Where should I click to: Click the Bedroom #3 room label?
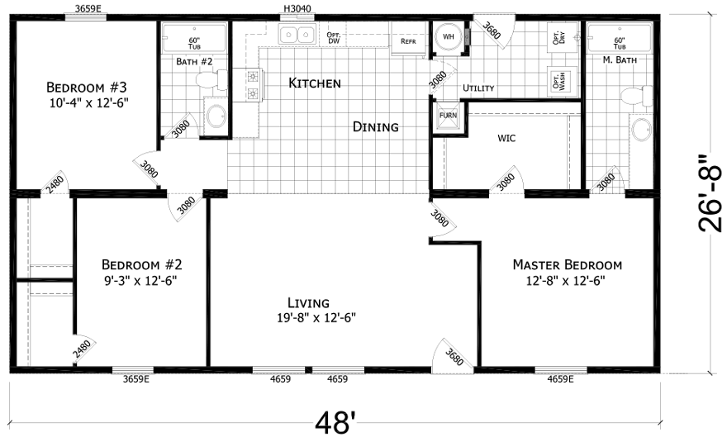[x=87, y=88]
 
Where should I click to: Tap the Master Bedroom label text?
[x=567, y=265]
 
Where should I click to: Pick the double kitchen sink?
[x=297, y=35]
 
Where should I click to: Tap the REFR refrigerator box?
[x=408, y=41]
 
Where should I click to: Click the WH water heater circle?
[x=449, y=37]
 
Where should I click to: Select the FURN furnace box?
[x=447, y=115]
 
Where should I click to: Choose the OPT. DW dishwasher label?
[x=334, y=38]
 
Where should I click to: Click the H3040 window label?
[x=297, y=9]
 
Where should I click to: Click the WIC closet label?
[x=506, y=138]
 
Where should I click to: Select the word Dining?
[x=375, y=127]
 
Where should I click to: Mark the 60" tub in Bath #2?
[x=194, y=40]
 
